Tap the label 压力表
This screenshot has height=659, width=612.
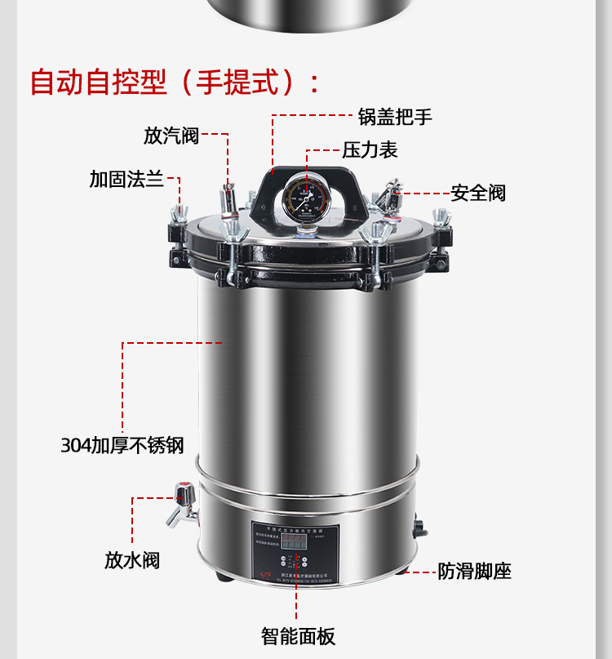370,150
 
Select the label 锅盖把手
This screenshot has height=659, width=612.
395,117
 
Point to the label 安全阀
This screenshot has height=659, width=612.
478,194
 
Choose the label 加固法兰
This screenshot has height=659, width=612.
126,180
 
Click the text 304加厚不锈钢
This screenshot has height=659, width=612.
122,446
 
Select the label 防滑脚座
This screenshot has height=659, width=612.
474,572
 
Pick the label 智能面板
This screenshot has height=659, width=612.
298,636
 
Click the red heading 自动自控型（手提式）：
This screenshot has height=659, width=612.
175,82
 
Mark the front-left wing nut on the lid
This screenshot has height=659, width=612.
236,234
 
